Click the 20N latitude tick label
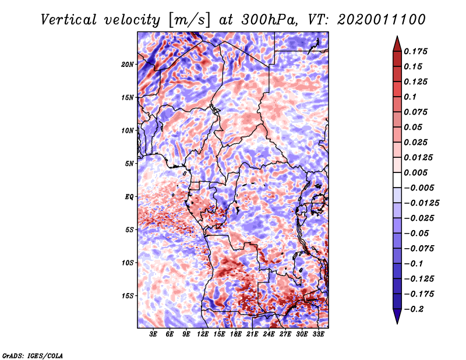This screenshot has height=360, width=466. pyautogui.click(x=128, y=64)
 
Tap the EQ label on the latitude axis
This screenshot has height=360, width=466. pyautogui.click(x=129, y=197)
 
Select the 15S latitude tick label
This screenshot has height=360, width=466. pyautogui.click(x=128, y=296)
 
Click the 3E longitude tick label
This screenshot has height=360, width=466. pyautogui.click(x=153, y=335)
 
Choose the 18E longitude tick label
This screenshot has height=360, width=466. pyautogui.click(x=236, y=335)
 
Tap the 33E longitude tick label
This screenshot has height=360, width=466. pyautogui.click(x=319, y=335)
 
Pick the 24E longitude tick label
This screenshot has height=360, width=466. pyautogui.click(x=269, y=335)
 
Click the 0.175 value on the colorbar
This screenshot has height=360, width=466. pyautogui.click(x=416, y=51)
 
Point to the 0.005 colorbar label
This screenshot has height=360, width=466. pyautogui.click(x=416, y=172)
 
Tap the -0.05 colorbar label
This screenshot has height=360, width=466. pyautogui.click(x=416, y=233)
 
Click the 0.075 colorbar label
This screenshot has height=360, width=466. pyautogui.click(x=416, y=112)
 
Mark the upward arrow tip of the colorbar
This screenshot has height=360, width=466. pyautogui.click(x=396, y=37)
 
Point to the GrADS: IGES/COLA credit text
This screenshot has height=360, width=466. pyautogui.click(x=32, y=355)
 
